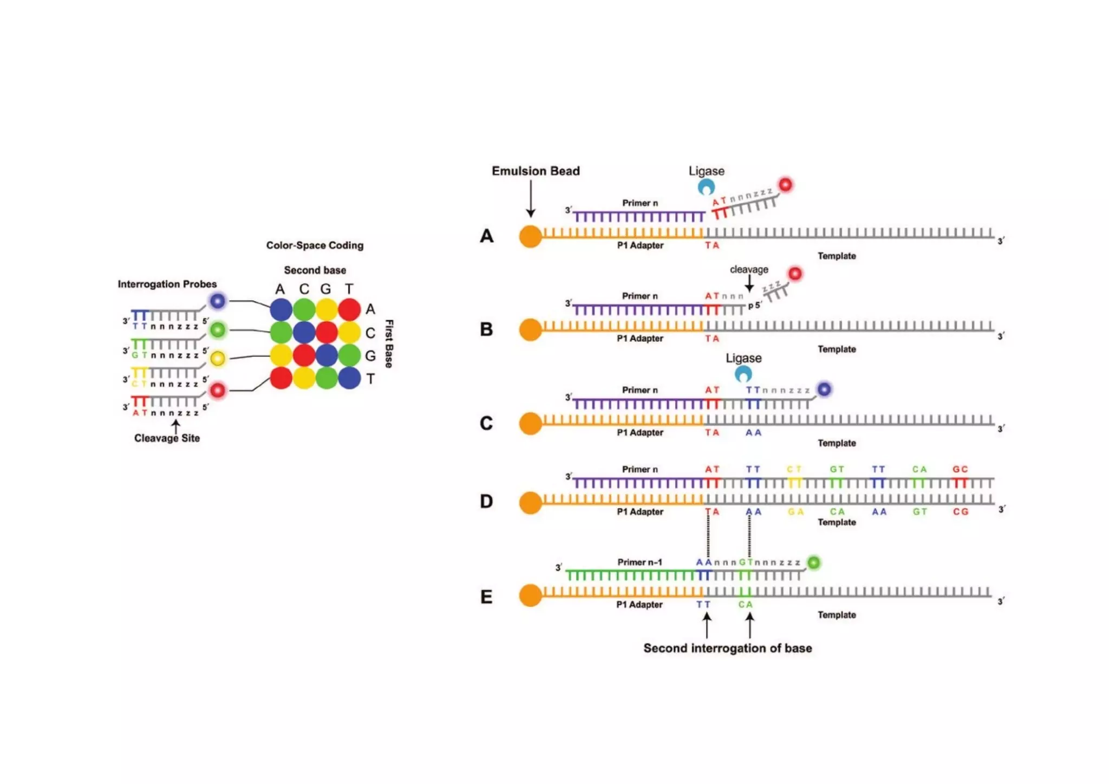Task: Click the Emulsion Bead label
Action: click(x=535, y=171)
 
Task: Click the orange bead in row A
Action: click(x=530, y=237)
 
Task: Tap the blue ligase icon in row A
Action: click(x=706, y=187)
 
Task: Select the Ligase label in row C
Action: click(x=743, y=358)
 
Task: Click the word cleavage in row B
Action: click(x=749, y=269)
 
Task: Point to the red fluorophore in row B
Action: click(x=794, y=274)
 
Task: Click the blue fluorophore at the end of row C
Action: click(x=824, y=389)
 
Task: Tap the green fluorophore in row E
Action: click(x=813, y=563)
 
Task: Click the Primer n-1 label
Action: click(x=640, y=562)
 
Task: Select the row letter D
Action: click(x=486, y=502)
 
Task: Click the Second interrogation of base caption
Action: click(x=727, y=648)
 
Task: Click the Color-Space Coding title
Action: click(x=315, y=245)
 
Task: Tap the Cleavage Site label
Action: click(x=167, y=438)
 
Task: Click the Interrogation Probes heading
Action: click(x=167, y=284)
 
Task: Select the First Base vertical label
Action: click(x=389, y=344)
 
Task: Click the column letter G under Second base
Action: click(x=325, y=289)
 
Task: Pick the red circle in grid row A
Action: click(x=349, y=309)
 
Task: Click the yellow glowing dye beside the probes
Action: click(x=218, y=358)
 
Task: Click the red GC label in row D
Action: click(x=960, y=469)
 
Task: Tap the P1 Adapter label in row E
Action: click(x=639, y=604)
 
